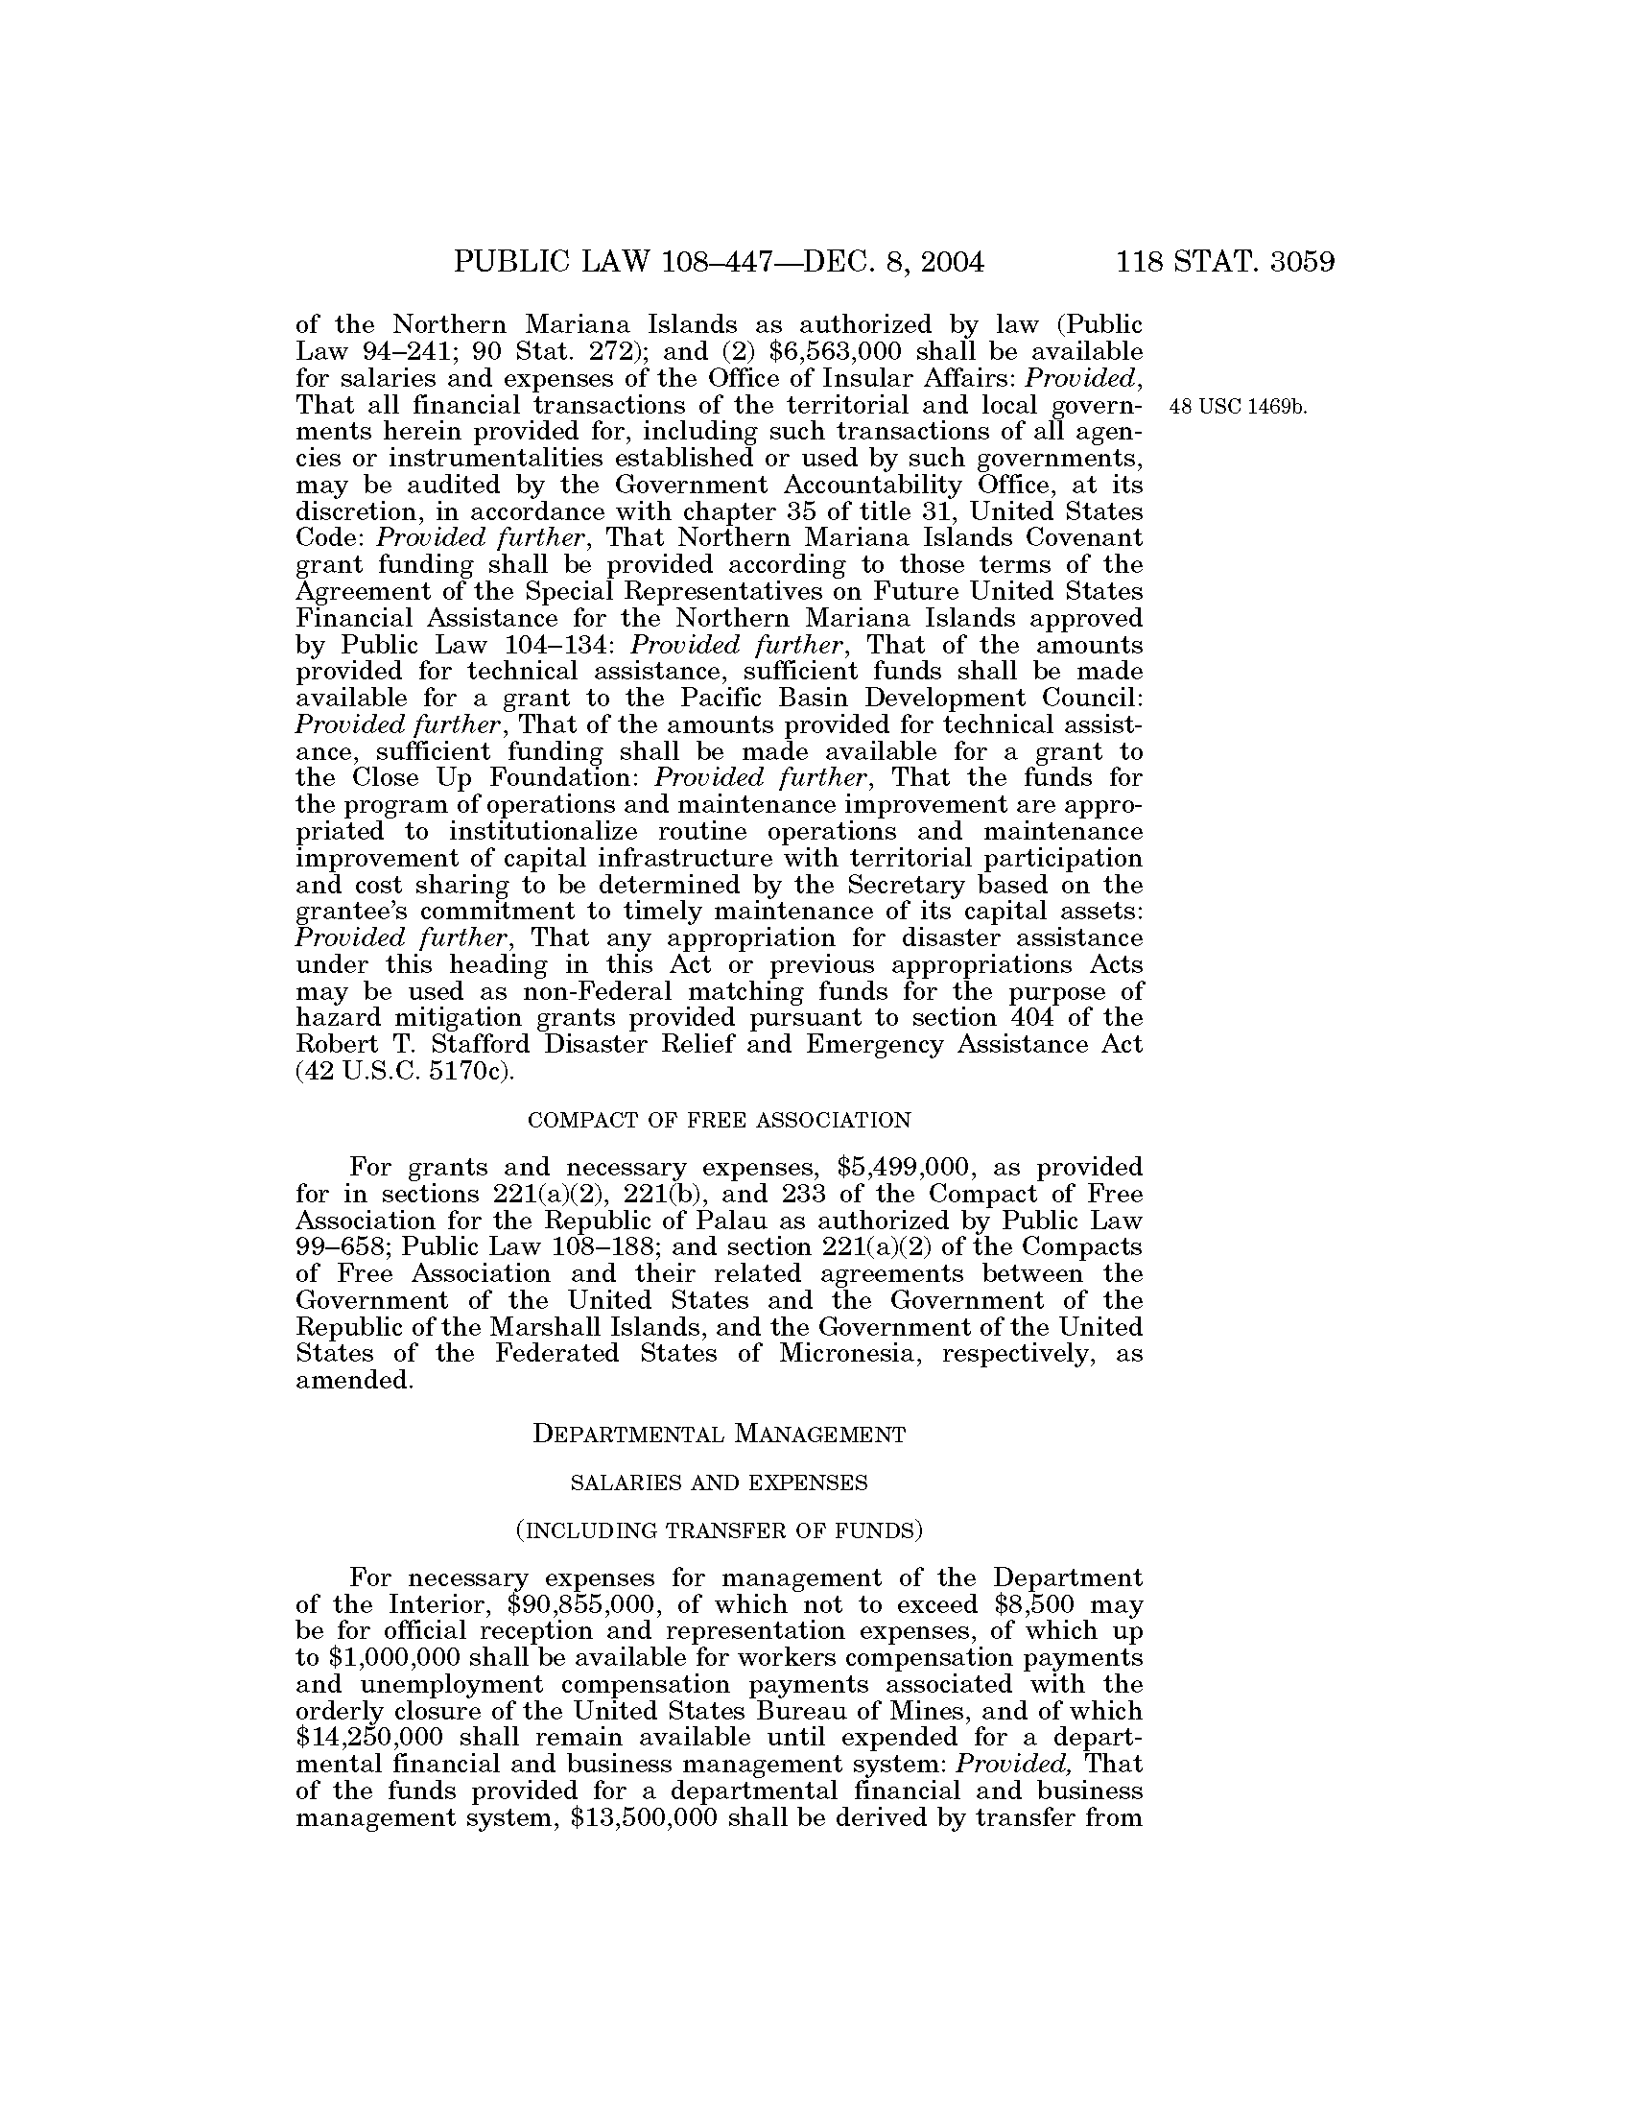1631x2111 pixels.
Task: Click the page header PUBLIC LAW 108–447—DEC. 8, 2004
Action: coord(719,262)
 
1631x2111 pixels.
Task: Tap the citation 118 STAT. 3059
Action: coord(1225,262)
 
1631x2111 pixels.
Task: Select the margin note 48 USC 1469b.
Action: coord(1238,407)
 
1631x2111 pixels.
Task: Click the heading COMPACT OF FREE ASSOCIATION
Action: coord(719,1121)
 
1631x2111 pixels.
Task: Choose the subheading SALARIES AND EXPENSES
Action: coord(719,1482)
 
